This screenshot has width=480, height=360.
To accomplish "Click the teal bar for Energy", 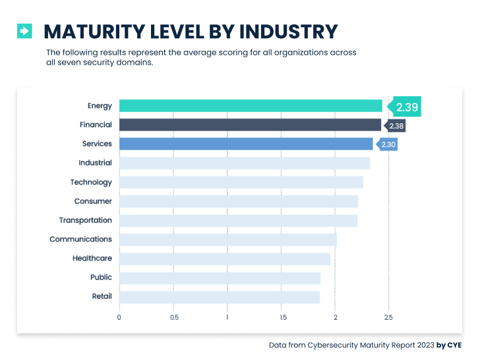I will (x=251, y=105).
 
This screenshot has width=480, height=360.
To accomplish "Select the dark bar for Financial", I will (x=250, y=125).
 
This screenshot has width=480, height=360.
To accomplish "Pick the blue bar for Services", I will (x=246, y=144).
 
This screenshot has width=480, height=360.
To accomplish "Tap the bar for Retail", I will (x=220, y=297).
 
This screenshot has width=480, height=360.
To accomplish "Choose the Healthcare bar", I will (x=225, y=258).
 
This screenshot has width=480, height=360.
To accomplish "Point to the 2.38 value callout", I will (x=396, y=125).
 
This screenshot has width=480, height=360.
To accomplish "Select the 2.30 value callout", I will (x=388, y=144).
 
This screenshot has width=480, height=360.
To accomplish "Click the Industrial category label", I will (x=95, y=163).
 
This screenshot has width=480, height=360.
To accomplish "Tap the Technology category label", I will (x=91, y=182).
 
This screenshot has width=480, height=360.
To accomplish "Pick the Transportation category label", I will (x=86, y=220).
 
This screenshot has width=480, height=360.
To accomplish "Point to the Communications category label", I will (x=80, y=239).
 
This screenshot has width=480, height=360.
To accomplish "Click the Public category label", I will (x=101, y=278).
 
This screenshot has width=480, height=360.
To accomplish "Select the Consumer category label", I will (x=93, y=201).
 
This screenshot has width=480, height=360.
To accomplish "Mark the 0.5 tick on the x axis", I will (x=173, y=317).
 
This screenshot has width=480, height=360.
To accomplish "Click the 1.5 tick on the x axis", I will (x=282, y=317).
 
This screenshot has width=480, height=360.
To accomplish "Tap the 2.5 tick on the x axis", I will (x=389, y=317).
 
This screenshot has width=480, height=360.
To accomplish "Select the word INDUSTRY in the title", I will (x=288, y=31).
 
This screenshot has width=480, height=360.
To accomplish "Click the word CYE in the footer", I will (x=454, y=345).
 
